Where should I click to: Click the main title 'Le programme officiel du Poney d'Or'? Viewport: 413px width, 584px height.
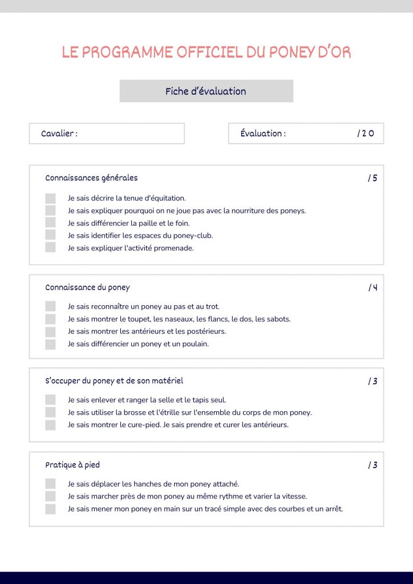206,52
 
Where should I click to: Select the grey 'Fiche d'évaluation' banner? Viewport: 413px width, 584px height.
206,91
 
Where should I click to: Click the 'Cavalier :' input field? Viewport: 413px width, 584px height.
107,133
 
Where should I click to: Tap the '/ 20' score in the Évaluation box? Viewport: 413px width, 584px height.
366,133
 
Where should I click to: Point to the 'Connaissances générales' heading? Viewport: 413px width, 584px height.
91,178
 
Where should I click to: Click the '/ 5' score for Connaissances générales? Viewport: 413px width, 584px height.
372,178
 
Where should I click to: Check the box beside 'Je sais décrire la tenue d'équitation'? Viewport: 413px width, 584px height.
50,198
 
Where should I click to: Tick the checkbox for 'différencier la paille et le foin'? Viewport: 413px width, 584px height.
50,223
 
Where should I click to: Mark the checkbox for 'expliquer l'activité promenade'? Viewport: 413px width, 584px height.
50,248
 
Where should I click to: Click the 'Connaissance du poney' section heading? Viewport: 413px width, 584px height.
87,287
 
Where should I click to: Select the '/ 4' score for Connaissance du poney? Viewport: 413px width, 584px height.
372,287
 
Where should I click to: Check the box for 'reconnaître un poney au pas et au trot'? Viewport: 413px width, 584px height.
50,307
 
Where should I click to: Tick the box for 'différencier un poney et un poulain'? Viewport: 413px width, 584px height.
50,344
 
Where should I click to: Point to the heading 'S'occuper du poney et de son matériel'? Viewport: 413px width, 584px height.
114,380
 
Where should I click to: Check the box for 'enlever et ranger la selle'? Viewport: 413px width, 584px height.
50,400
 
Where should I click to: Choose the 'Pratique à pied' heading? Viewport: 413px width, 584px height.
72,465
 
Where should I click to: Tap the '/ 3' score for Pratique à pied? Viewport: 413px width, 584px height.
372,465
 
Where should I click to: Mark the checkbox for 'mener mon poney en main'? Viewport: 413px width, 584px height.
50,509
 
